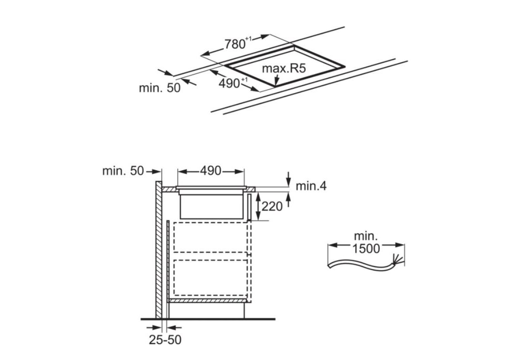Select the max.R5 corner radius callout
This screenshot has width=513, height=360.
[x=284, y=69]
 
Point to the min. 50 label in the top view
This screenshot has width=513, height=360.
[x=160, y=87]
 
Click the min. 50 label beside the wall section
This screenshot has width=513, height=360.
[x=123, y=171]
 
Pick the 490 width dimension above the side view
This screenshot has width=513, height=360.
[x=210, y=171]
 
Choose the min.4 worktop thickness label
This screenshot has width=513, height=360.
[x=311, y=186]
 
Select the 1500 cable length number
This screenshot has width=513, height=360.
[x=366, y=248]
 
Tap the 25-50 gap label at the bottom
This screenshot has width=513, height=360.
[x=165, y=340]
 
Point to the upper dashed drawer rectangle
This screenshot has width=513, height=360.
[x=210, y=237]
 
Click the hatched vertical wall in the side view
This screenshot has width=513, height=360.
[x=159, y=250]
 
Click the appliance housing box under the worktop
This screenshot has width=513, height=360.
[x=210, y=206]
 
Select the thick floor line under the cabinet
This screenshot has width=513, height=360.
[x=208, y=319]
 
